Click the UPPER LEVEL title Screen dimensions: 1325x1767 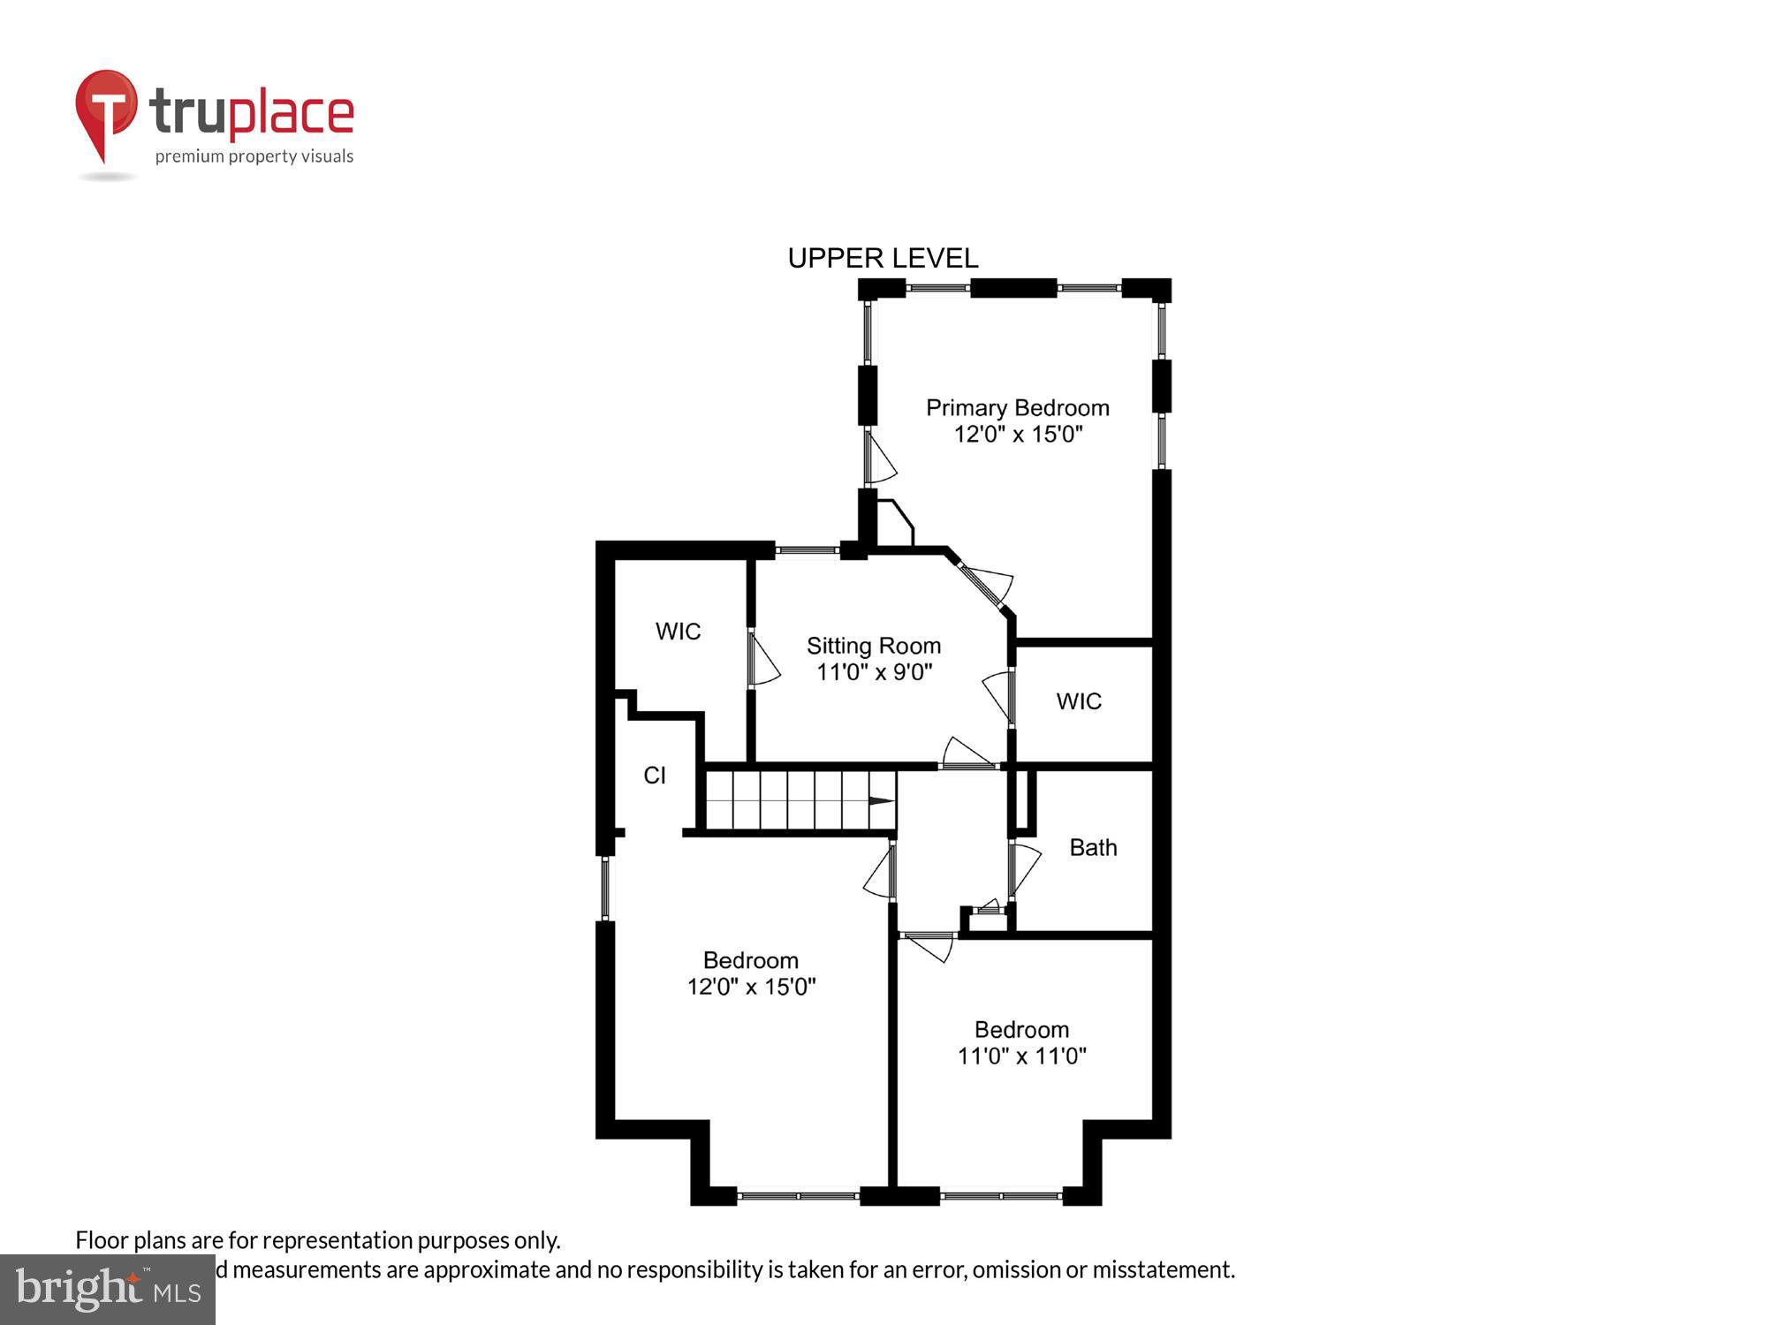pyautogui.click(x=883, y=258)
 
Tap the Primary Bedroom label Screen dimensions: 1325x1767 pyautogui.click(x=1017, y=408)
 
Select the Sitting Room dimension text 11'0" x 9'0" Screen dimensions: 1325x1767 pyautogui.click(x=874, y=672)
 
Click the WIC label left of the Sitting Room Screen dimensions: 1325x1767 pyautogui.click(x=678, y=632)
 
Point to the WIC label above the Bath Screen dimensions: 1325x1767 pyautogui.click(x=1079, y=701)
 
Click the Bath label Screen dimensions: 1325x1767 pyautogui.click(x=1093, y=848)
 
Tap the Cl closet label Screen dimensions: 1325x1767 pyautogui.click(x=655, y=776)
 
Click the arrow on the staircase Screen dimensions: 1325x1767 pyautogui.click(x=881, y=801)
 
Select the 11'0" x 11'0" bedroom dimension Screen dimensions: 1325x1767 pyautogui.click(x=1021, y=1056)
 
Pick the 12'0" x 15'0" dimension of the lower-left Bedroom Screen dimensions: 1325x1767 pyautogui.click(x=751, y=987)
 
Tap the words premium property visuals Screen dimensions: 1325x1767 pyautogui.click(x=254, y=157)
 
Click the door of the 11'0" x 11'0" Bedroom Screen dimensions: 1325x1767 pyautogui.click(x=928, y=945)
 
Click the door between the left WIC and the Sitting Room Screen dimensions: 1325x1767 pyautogui.click(x=762, y=658)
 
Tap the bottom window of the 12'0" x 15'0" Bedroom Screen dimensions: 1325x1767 pyautogui.click(x=798, y=1196)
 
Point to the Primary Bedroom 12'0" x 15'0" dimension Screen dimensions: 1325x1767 pyautogui.click(x=1018, y=435)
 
